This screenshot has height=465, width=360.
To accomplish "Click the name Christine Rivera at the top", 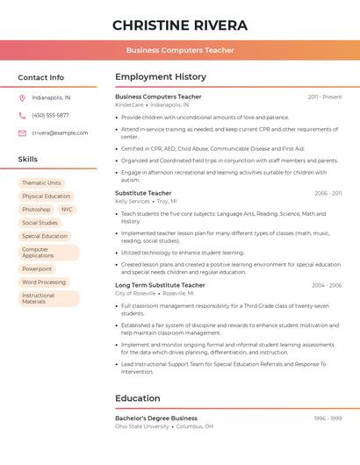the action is pos(180,25).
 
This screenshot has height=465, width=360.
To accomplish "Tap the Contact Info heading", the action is pos(41,77).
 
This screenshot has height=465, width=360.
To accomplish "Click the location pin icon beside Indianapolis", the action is pos(22,97).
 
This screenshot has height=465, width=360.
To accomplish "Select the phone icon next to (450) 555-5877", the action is pos(22,115).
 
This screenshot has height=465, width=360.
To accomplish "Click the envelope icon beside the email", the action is pos(22,132).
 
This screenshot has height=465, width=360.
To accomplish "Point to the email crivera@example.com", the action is pos(60,132).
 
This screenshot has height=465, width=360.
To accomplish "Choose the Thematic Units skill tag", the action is pos(41,182).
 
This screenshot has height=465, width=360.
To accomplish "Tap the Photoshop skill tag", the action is pos(36,210).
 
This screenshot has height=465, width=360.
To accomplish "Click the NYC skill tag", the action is pos(68,210).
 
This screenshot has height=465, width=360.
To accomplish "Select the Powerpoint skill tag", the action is pos(37,268).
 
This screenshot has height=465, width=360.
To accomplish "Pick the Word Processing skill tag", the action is pos(44,283).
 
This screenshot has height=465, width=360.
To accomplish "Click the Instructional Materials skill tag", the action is pos(48,298).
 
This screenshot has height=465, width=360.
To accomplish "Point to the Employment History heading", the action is pos(161,77).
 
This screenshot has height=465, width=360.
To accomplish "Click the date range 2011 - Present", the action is pos(324,97).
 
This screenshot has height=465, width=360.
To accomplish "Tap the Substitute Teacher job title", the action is pos(143,193).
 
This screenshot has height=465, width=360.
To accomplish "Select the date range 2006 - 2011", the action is pos(328,193).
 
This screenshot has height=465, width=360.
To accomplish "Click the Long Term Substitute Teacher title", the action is pos(160,285).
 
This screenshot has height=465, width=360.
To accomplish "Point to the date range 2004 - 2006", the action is pos(327,285).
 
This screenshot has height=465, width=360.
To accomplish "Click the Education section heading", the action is pos(138,398).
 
